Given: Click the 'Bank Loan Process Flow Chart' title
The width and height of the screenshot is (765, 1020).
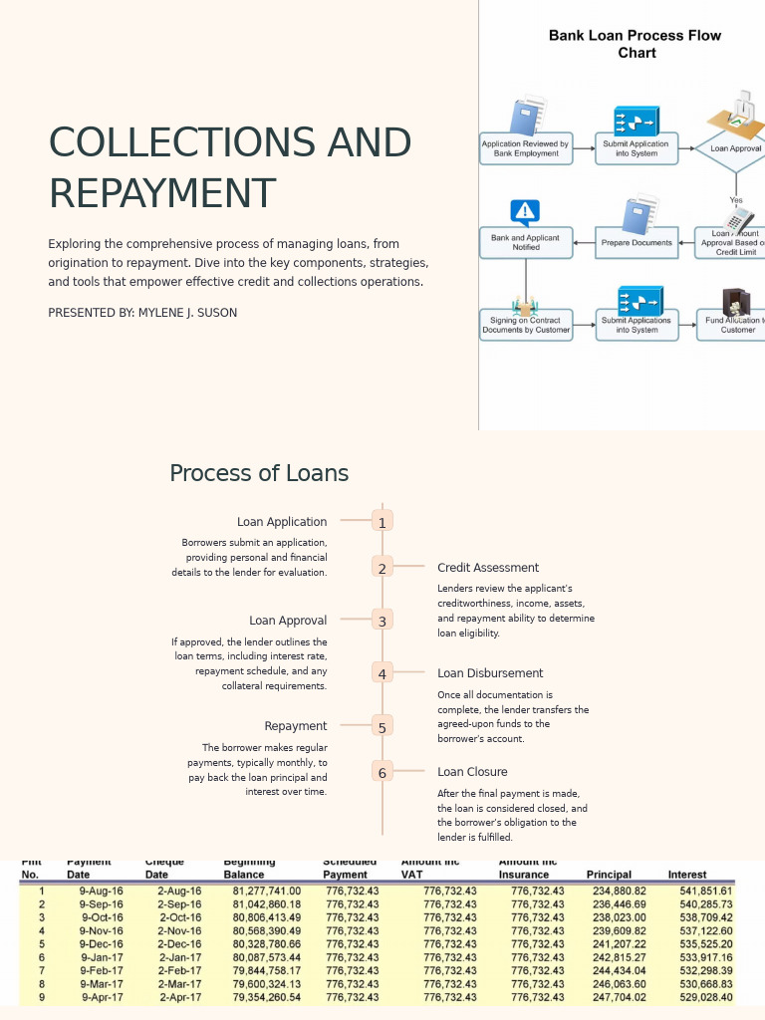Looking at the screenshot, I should tap(636, 44).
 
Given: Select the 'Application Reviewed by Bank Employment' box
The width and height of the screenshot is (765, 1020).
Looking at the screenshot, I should tap(526, 148).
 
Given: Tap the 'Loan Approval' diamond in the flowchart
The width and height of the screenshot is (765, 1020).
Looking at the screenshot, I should tap(735, 148).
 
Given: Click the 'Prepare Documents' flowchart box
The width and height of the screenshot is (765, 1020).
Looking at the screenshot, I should tap(637, 243).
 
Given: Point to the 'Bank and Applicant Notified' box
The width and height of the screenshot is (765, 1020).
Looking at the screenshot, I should tap(526, 243).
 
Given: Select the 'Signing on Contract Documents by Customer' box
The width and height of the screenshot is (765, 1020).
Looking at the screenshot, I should tap(526, 325).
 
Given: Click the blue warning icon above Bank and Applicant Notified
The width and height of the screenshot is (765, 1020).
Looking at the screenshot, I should tap(525, 211).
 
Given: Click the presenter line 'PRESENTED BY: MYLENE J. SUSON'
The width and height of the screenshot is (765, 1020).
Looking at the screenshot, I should tap(142, 313).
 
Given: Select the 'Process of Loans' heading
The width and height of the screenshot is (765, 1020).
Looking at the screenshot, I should tap(259, 473).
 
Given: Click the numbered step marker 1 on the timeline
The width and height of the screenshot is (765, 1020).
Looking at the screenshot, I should tap(382, 522).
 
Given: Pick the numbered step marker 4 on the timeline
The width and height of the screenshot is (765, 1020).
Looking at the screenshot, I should tap(382, 674).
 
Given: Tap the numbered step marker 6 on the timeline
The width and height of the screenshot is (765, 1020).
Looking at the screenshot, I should tap(382, 772).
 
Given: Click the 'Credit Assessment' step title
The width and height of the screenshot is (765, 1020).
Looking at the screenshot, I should tap(488, 568).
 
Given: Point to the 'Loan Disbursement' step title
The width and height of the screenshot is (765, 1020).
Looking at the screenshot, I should tap(490, 673).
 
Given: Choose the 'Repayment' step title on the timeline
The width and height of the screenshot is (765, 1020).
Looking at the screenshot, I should tap(296, 726).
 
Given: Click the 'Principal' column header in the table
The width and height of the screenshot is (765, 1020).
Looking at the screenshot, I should tap(609, 875).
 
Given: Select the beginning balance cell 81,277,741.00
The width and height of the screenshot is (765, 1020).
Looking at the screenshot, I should tap(266, 892).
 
